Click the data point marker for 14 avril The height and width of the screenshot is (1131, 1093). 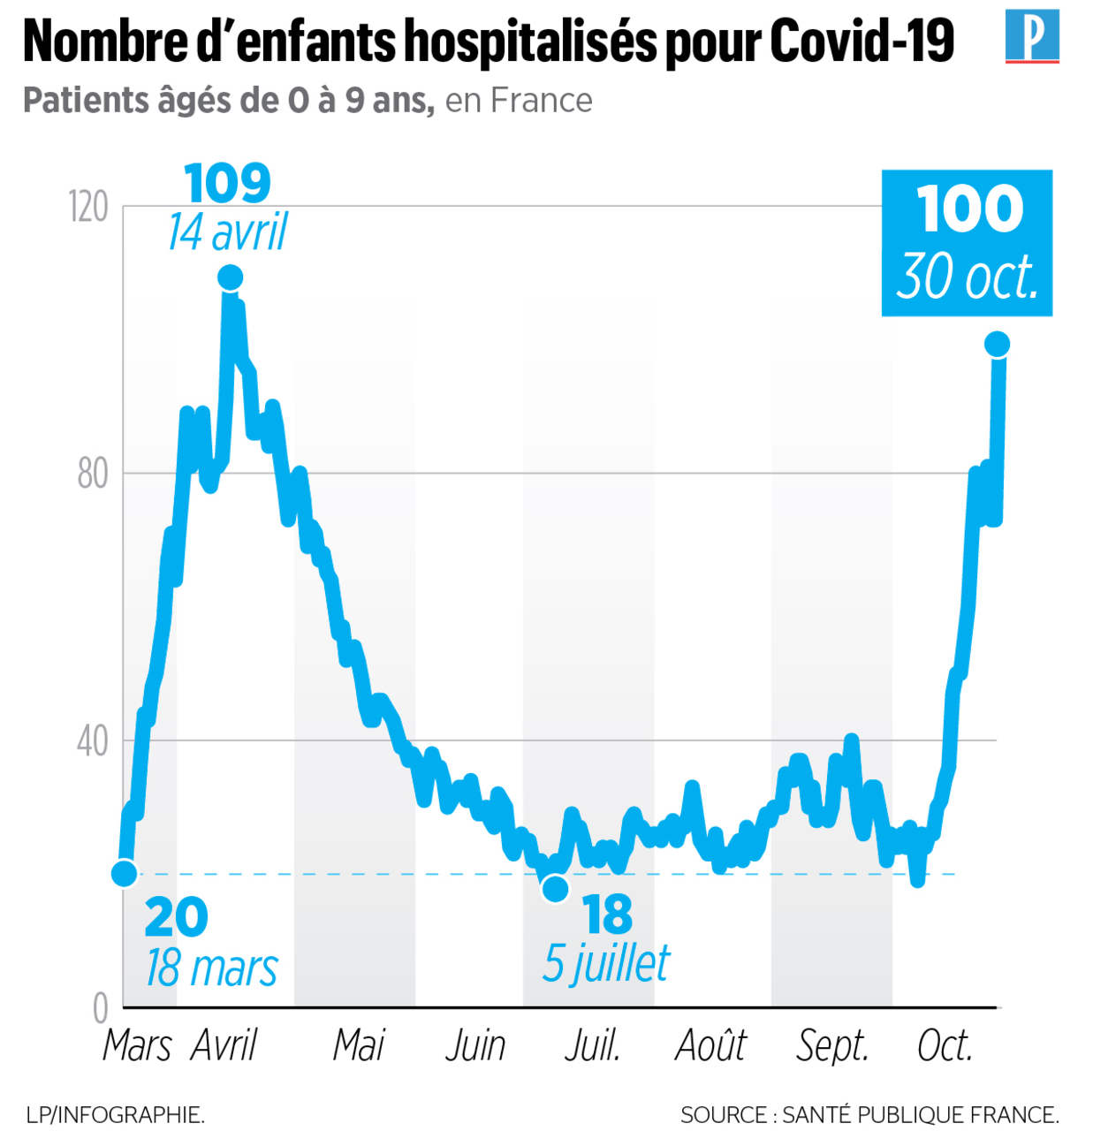(230, 278)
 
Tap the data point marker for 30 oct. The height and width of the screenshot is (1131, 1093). (997, 344)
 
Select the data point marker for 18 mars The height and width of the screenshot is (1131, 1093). (125, 873)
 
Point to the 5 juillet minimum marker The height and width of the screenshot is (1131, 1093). (555, 888)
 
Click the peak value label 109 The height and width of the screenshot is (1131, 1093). (228, 183)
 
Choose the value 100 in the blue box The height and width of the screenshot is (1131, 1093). (969, 209)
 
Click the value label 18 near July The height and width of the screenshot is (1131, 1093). (608, 915)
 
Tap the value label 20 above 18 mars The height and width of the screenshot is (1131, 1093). (176, 917)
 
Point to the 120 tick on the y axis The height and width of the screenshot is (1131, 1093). (88, 207)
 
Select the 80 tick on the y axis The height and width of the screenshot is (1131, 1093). (92, 474)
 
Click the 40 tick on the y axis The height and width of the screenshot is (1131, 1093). (92, 741)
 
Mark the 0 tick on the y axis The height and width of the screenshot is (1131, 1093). (101, 1008)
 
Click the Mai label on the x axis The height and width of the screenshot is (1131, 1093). (359, 1045)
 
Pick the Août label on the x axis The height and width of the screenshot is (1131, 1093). (710, 1045)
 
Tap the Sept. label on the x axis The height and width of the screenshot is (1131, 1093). (832, 1045)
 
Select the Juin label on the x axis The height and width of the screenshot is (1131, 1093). (475, 1045)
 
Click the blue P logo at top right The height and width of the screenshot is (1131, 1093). (1032, 36)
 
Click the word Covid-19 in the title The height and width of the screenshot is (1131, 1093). (861, 41)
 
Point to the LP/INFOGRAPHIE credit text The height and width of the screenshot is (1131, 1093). (116, 1115)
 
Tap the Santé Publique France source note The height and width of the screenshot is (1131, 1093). (869, 1115)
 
